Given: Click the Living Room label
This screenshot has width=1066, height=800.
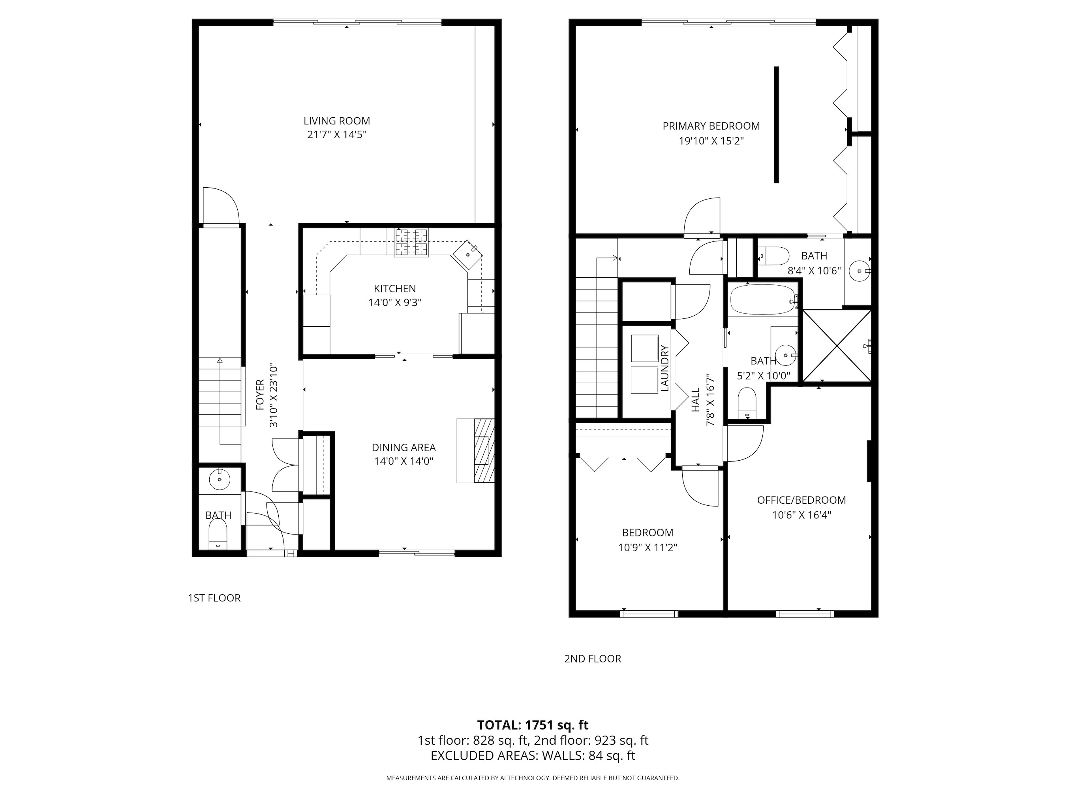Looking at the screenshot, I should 336,121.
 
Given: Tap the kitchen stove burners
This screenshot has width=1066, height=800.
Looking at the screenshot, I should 411,243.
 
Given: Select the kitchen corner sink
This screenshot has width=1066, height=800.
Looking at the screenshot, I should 467,254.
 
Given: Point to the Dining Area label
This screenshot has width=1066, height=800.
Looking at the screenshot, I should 404,448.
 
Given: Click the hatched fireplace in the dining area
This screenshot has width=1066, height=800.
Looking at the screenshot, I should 484,450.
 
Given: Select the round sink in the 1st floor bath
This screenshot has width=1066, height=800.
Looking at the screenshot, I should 219,479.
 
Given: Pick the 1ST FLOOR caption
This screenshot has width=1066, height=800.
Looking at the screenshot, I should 214,598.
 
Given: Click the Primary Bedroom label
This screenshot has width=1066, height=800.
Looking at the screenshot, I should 711,126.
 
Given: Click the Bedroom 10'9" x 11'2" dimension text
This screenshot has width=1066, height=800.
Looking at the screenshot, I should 648,547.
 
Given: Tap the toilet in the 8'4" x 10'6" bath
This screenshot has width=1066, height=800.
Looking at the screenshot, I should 773,256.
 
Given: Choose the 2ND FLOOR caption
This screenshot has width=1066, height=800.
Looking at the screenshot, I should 592,659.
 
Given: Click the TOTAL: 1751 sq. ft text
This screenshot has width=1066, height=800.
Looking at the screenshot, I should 533,725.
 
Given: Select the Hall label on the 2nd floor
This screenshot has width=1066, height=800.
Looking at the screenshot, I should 695,400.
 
